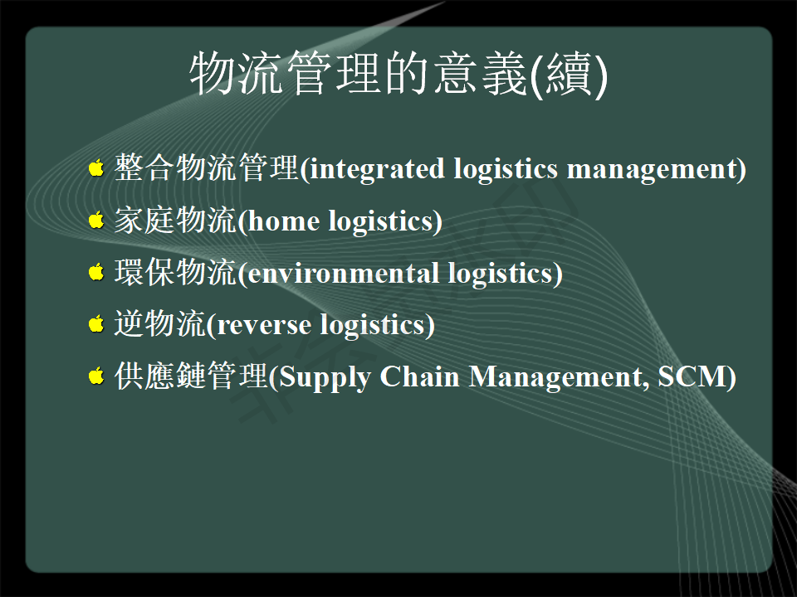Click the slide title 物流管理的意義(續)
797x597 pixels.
click(x=398, y=74)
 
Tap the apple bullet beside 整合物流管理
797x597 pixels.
click(x=96, y=167)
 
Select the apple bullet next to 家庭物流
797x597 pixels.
click(x=96, y=220)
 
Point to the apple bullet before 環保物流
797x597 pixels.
click(x=96, y=272)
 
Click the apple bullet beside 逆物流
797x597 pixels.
click(x=96, y=323)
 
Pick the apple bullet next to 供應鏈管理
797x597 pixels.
click(x=96, y=376)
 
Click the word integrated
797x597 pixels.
click(x=377, y=169)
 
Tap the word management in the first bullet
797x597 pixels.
click(x=652, y=169)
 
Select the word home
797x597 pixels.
click(x=284, y=221)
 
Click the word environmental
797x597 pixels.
click(x=343, y=273)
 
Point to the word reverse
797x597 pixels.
click(x=264, y=326)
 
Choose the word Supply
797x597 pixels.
click(x=325, y=378)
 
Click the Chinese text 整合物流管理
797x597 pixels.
click(x=207, y=167)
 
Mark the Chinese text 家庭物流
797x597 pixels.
click(x=175, y=220)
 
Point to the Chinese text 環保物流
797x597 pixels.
click(x=175, y=272)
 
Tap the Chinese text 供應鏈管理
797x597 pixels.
click(x=191, y=376)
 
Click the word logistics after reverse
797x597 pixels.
click(x=373, y=325)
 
